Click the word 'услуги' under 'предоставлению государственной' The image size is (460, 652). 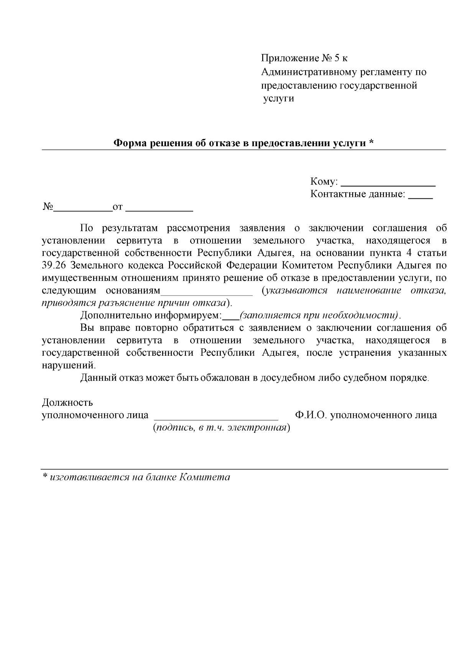(x=279, y=98)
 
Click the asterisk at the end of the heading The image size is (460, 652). (x=371, y=142)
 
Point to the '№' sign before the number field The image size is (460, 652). (x=48, y=207)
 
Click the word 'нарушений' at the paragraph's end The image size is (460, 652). (x=68, y=365)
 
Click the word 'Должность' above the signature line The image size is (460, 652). (x=67, y=403)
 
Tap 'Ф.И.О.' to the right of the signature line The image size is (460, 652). (x=310, y=415)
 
